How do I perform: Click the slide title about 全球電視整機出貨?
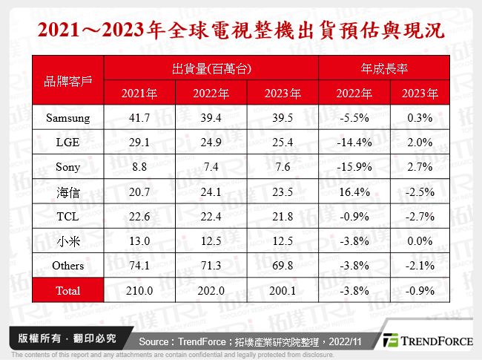click(x=241, y=30)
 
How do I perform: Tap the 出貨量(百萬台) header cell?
click(x=211, y=68)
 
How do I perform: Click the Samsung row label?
click(x=68, y=117)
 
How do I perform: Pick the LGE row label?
click(x=68, y=143)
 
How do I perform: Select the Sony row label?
click(x=68, y=168)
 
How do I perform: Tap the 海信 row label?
click(x=68, y=192)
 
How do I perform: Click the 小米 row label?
click(x=68, y=241)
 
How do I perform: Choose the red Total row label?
click(x=68, y=291)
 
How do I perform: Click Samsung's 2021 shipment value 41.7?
click(x=139, y=117)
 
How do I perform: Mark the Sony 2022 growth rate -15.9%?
click(x=354, y=168)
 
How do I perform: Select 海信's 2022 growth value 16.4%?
click(x=354, y=192)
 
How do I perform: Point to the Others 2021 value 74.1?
click(x=139, y=266)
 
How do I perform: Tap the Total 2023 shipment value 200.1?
click(x=283, y=291)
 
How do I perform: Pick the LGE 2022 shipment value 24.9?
click(x=211, y=143)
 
